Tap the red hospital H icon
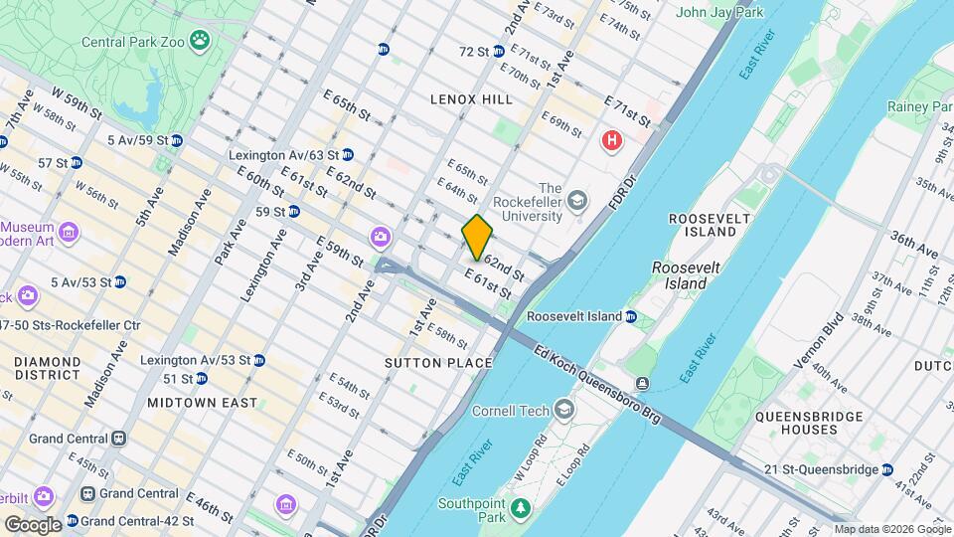pyautogui.click(x=612, y=141)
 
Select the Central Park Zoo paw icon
pyautogui.click(x=202, y=41)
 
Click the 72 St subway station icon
pyautogui.click(x=498, y=52)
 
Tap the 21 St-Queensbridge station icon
pyautogui.click(x=886, y=469)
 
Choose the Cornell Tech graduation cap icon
pyautogui.click(x=564, y=410)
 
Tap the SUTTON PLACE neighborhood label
pyautogui.click(x=438, y=363)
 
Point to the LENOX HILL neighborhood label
pyautogui.click(x=471, y=99)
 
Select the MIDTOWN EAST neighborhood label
pyautogui.click(x=202, y=403)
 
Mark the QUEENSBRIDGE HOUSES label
pyautogui.click(x=795, y=423)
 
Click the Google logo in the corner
pyautogui.click(x=32, y=524)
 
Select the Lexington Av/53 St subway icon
pyautogui.click(x=258, y=359)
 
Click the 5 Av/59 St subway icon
pyautogui.click(x=176, y=140)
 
